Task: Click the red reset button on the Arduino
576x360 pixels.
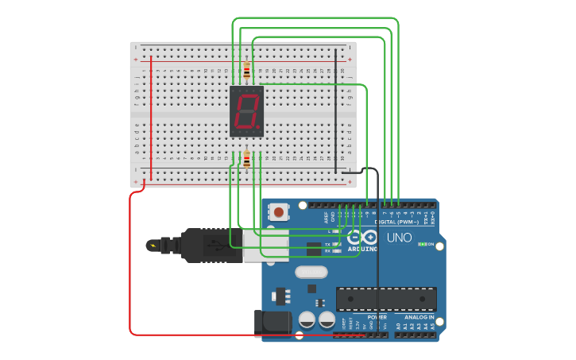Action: (x=280, y=212)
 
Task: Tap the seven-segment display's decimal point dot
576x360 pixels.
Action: (x=258, y=126)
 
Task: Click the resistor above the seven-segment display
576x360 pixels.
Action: (x=246, y=72)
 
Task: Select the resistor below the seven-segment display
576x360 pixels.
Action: (x=246, y=160)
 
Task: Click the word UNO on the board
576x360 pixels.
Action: (x=400, y=238)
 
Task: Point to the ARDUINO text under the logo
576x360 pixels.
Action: (x=362, y=249)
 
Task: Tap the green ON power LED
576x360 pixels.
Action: (x=423, y=244)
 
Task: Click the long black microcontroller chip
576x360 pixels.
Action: (x=386, y=299)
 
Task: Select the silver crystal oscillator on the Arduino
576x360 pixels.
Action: (x=311, y=272)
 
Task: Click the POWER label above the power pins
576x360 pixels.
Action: (x=377, y=316)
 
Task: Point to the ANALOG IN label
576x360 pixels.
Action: (x=420, y=316)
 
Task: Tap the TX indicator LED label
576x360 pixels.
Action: (x=327, y=244)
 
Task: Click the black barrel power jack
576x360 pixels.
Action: (x=272, y=322)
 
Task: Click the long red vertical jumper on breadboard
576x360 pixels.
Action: (x=151, y=115)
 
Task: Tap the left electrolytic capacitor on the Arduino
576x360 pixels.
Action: (x=307, y=320)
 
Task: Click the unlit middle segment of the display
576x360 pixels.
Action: (x=246, y=110)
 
